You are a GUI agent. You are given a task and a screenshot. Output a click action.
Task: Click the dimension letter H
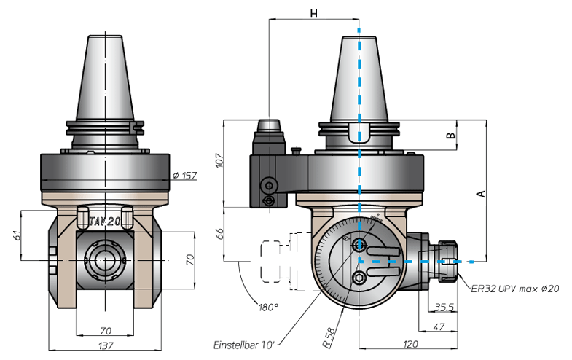point(314,14)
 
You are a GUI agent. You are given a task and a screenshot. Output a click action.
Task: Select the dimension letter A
point(482,193)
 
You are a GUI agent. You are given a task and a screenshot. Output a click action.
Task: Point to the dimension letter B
point(451,136)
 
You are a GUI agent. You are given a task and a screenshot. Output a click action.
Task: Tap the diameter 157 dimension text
point(184,176)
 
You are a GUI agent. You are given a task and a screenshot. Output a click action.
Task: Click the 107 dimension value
point(219,160)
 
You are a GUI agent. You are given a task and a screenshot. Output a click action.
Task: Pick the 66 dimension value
point(219,234)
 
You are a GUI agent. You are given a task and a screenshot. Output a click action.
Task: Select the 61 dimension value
point(17,235)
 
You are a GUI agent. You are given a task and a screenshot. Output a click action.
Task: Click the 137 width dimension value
point(106,345)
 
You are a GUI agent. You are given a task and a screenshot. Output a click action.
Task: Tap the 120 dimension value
point(410,344)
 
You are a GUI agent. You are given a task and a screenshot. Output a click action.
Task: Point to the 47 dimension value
point(438,326)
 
